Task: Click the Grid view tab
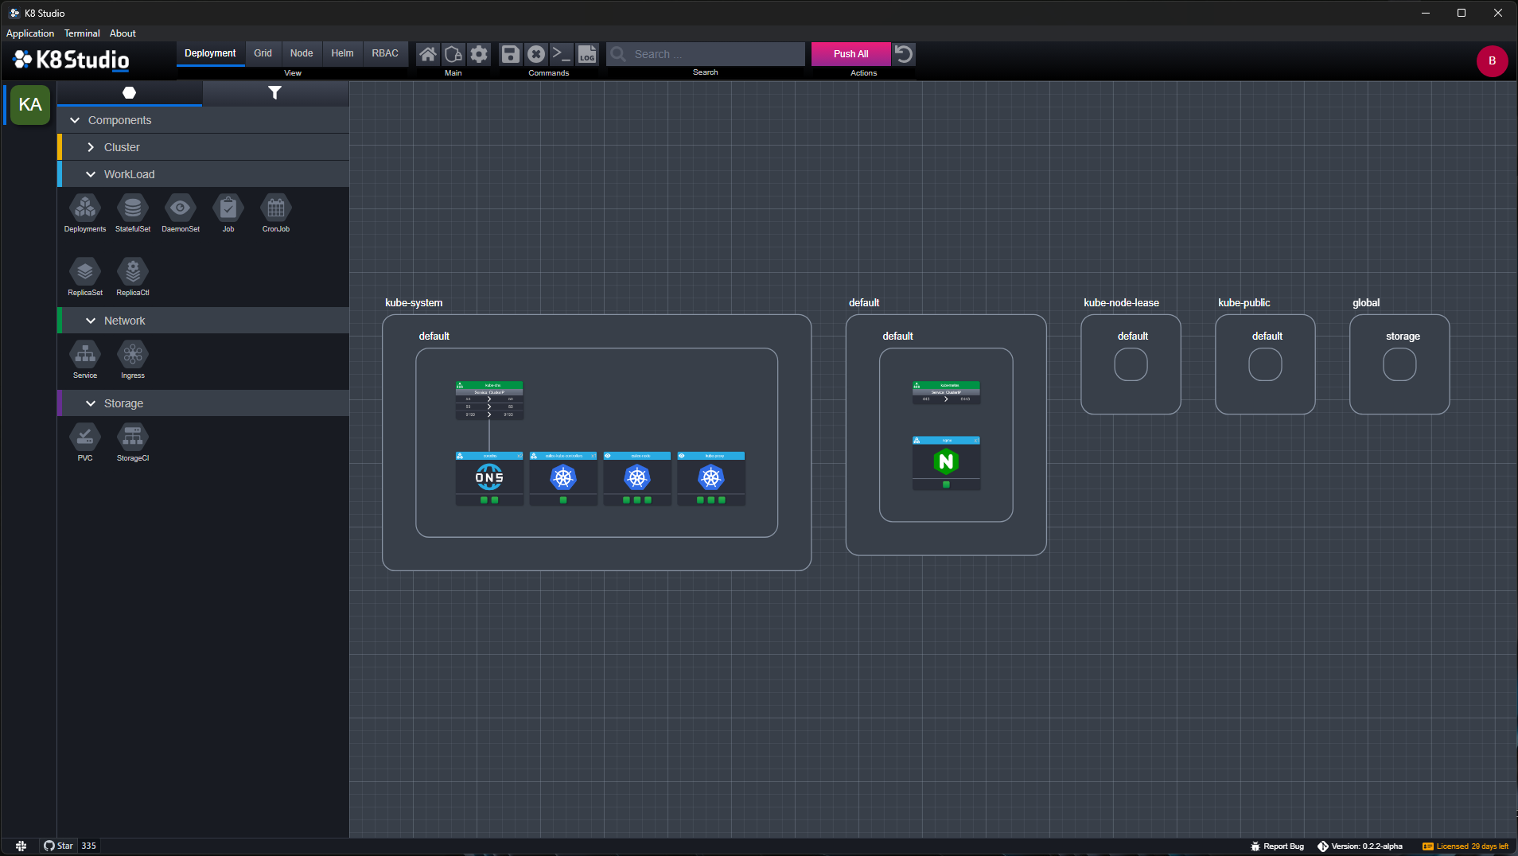pyautogui.click(x=263, y=53)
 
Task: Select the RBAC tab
pyautogui.click(x=385, y=53)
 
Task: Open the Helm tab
pyautogui.click(x=342, y=53)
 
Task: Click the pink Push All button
pyautogui.click(x=850, y=54)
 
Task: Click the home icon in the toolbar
pyautogui.click(x=428, y=54)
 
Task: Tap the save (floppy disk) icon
pyautogui.click(x=510, y=54)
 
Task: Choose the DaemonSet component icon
pyautogui.click(x=181, y=208)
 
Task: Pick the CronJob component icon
pyautogui.click(x=276, y=208)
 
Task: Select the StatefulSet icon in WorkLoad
pyautogui.click(x=133, y=208)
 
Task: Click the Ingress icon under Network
pyautogui.click(x=133, y=355)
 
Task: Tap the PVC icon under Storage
pyautogui.click(x=85, y=438)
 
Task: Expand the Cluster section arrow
pyautogui.click(x=91, y=147)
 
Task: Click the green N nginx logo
pyautogui.click(x=946, y=461)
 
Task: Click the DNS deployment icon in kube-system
pyautogui.click(x=489, y=477)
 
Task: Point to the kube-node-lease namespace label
pyautogui.click(x=1121, y=303)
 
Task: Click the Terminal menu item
pyautogui.click(x=82, y=33)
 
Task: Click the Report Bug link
pyautogui.click(x=1283, y=846)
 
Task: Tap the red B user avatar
pyautogui.click(x=1492, y=61)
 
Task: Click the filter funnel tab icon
pyautogui.click(x=274, y=93)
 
